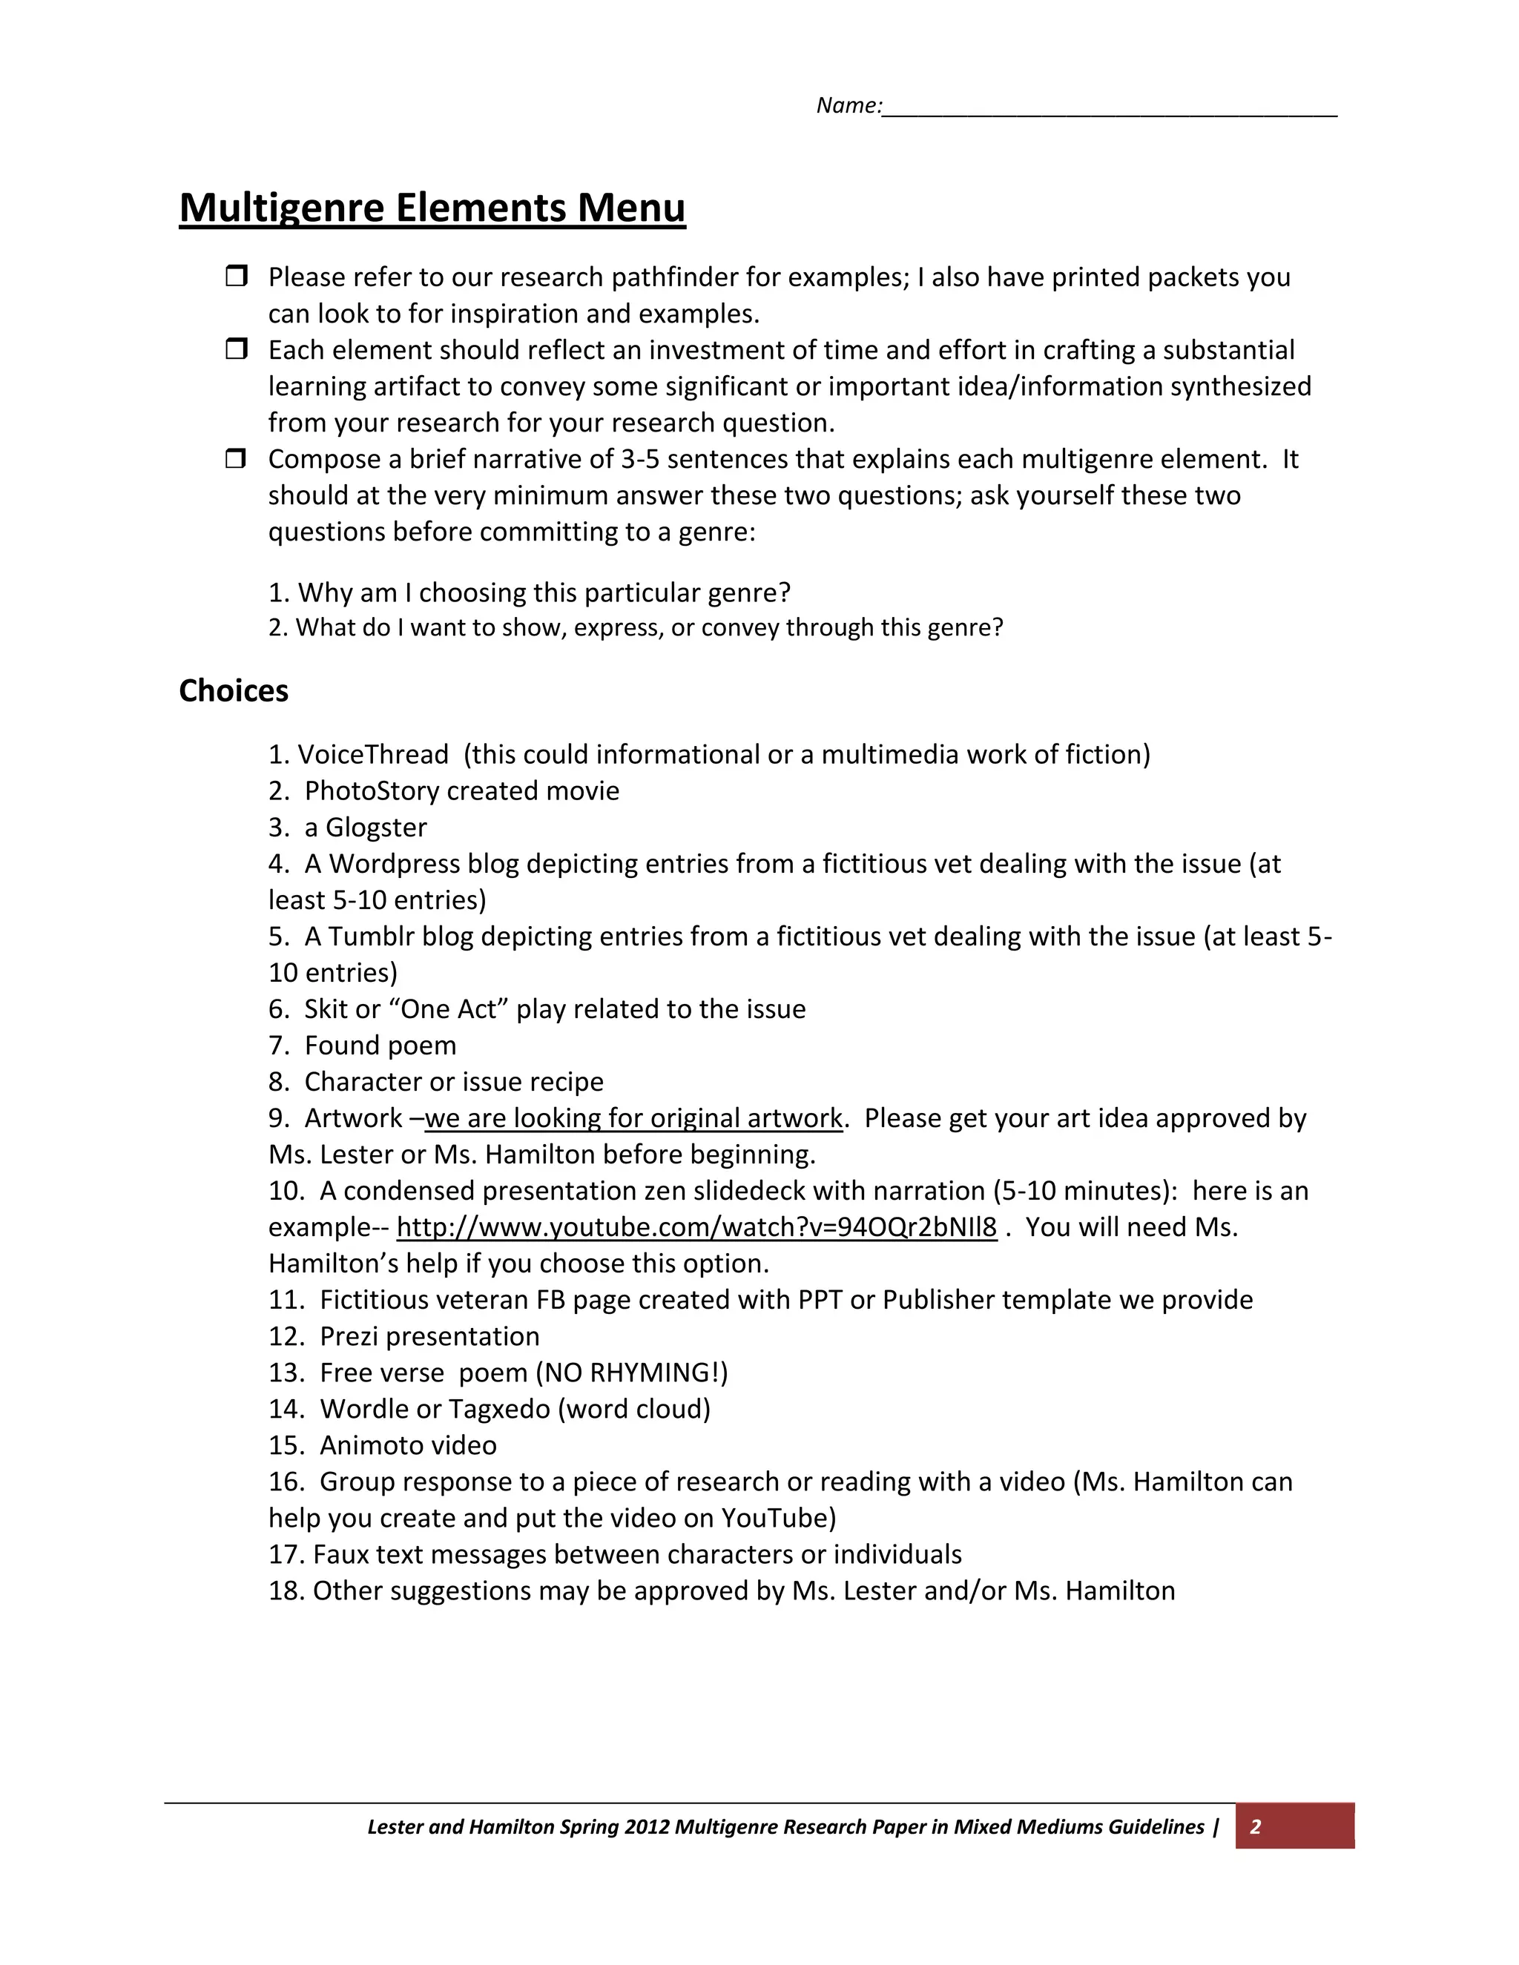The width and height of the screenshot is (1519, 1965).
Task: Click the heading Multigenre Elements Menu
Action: (x=432, y=208)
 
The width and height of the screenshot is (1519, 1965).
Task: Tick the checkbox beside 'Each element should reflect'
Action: (x=236, y=349)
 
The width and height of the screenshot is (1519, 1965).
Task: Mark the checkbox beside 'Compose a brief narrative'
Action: (x=236, y=458)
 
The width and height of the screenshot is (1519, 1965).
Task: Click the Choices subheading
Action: (x=233, y=691)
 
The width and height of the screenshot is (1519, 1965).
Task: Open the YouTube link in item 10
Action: (x=696, y=1227)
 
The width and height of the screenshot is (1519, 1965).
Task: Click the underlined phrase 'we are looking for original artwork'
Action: (x=633, y=1118)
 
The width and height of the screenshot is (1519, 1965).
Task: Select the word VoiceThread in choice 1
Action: (x=372, y=754)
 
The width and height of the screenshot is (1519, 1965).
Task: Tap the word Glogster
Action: (x=376, y=827)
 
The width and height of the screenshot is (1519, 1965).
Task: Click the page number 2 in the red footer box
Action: (x=1256, y=1826)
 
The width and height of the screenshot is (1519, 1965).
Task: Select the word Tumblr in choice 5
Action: (x=371, y=937)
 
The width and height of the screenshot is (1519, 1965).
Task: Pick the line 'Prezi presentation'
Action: (x=429, y=1336)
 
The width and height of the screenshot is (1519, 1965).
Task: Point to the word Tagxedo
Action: (x=498, y=1409)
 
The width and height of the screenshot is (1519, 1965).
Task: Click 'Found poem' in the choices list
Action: (x=380, y=1046)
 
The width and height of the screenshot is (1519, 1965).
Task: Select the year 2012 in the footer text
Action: (x=646, y=1826)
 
